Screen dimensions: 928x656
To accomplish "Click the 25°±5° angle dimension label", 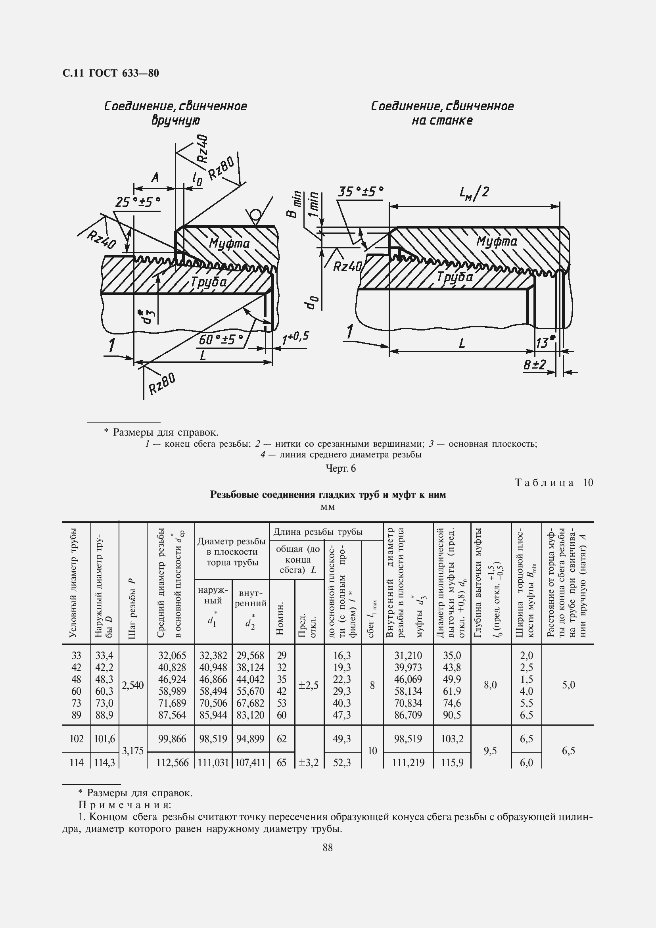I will tap(138, 202).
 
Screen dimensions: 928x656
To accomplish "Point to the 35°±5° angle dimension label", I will tap(360, 192).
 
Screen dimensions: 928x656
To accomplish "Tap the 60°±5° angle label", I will tap(221, 340).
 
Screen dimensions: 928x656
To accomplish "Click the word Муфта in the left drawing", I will tap(229, 244).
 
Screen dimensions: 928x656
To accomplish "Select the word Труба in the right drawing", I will tap(455, 277).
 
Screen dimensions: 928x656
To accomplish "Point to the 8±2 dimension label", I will tap(534, 365).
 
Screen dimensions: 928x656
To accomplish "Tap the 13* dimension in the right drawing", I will tap(545, 342).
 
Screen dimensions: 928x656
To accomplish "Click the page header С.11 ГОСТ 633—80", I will tap(111, 73).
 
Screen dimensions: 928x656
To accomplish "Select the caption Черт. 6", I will tap(341, 469).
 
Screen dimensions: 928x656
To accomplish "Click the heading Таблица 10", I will tap(554, 482).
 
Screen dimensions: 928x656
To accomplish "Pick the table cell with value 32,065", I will tap(172, 655).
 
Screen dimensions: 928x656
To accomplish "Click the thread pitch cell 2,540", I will tap(132, 685).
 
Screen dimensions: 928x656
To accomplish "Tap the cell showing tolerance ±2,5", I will tap(309, 685).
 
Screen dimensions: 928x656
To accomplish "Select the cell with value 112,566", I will tap(172, 763).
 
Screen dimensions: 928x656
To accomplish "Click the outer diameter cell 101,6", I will tap(104, 739).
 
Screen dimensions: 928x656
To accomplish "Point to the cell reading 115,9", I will tap(452, 763).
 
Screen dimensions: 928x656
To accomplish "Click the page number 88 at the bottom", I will tap(328, 847).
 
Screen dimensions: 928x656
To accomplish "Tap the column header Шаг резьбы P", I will tap(132, 610).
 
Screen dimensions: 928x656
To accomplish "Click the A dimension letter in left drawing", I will tap(155, 177).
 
